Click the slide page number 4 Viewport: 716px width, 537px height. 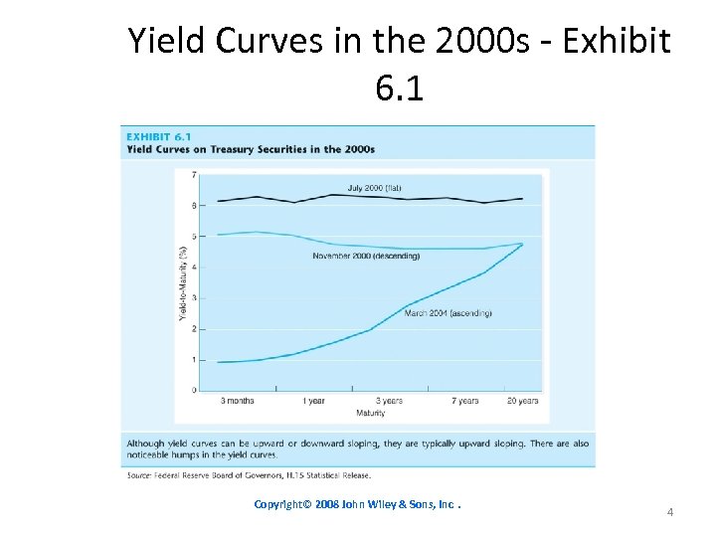pyautogui.click(x=669, y=512)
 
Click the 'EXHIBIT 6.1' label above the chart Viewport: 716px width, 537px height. pyautogui.click(x=158, y=136)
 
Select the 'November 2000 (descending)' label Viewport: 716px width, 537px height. pyautogui.click(x=366, y=256)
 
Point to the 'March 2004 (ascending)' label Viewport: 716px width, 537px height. pyautogui.click(x=447, y=313)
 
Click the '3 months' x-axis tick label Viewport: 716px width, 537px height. pyautogui.click(x=237, y=401)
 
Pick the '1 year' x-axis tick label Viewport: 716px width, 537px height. pyautogui.click(x=313, y=401)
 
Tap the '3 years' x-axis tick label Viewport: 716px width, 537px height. pyautogui.click(x=388, y=401)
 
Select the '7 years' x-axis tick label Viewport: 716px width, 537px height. pyautogui.click(x=463, y=401)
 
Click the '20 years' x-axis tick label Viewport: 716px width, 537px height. pyautogui.click(x=522, y=401)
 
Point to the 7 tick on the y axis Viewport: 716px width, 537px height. pyautogui.click(x=193, y=174)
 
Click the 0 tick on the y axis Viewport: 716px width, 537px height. pyautogui.click(x=193, y=390)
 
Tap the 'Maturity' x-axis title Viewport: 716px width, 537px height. pyautogui.click(x=370, y=413)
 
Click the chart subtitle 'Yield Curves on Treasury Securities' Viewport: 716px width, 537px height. pyautogui.click(x=250, y=149)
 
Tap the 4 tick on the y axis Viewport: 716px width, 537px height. pyautogui.click(x=193, y=267)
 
